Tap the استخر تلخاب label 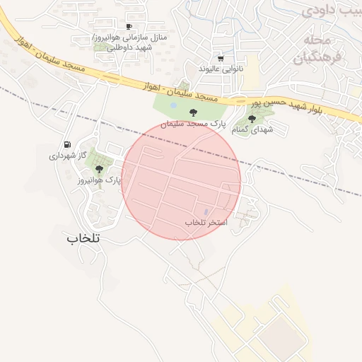[x=206, y=222]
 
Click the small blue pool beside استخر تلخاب [x=206, y=211]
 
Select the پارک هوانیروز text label [x=100, y=180]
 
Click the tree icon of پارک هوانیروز [x=99, y=169]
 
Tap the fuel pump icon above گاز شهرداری [x=67, y=144]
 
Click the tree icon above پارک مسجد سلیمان [x=192, y=112]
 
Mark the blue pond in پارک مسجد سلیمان [x=174, y=107]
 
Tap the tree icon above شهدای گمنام [x=252, y=119]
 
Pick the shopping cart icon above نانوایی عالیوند [x=221, y=59]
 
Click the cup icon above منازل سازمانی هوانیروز [x=129, y=25]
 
